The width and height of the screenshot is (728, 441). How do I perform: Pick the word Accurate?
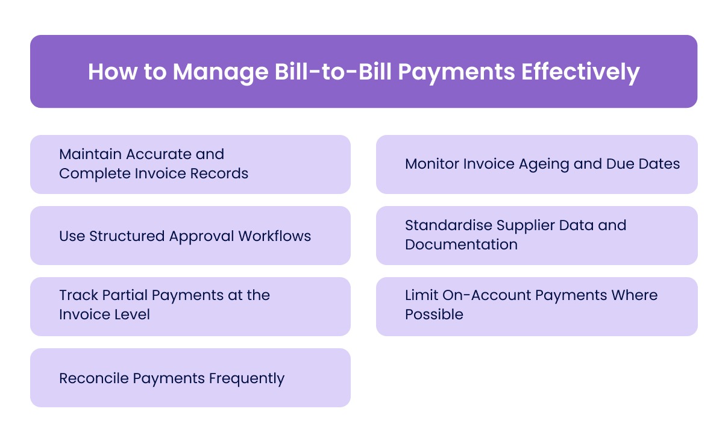coord(155,154)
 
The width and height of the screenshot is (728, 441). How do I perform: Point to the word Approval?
coord(202,236)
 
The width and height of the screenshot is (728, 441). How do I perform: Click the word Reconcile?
coord(93,378)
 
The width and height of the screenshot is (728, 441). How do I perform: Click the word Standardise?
coord(448,225)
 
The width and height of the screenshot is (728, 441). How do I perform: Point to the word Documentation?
coord(461,245)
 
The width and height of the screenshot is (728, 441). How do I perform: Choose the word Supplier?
coord(524,225)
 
